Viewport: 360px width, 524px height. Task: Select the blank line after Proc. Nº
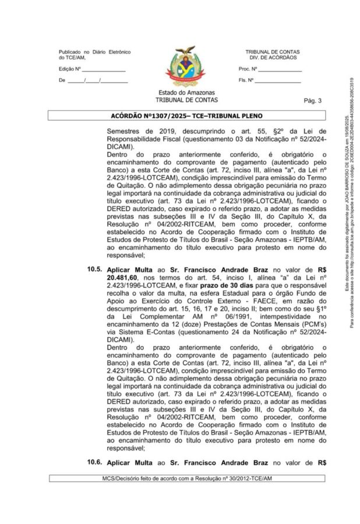click(280, 70)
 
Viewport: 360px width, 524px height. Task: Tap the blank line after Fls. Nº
click(278, 81)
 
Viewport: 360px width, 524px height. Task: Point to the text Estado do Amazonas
click(186, 93)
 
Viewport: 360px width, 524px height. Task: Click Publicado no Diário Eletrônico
click(94, 51)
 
